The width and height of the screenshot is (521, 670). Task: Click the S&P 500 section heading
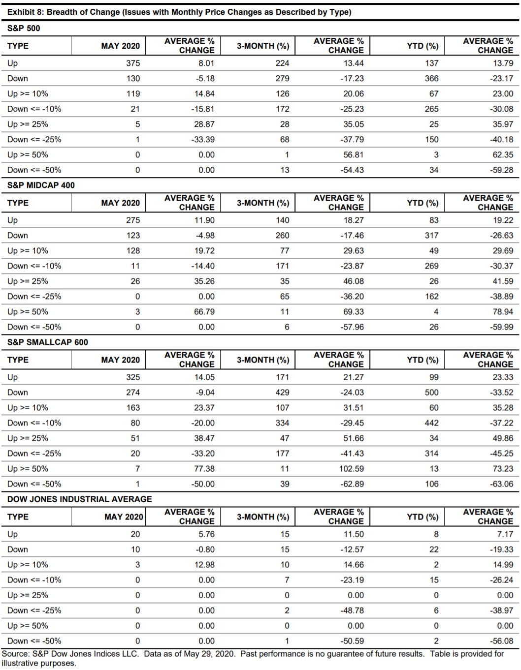(x=24, y=28)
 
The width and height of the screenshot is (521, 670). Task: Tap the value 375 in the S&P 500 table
(x=132, y=63)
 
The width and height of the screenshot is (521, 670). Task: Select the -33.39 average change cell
(x=203, y=139)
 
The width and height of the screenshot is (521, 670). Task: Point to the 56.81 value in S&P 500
(x=353, y=154)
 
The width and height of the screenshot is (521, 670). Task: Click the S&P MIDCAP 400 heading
(x=41, y=185)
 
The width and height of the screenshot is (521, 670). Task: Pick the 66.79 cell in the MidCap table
(x=204, y=311)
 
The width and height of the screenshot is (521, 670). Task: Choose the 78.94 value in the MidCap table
(x=502, y=311)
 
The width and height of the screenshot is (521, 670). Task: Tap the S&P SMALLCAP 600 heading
(x=47, y=342)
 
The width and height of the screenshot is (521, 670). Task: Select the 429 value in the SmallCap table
(x=282, y=392)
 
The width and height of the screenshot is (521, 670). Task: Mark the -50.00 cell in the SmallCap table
(x=203, y=484)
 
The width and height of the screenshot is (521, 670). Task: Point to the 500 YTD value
(x=431, y=392)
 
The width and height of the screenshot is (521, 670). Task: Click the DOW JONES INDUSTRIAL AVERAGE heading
(x=79, y=499)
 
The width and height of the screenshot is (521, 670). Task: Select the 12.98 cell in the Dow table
(x=204, y=564)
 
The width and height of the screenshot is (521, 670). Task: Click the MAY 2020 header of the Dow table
(x=124, y=517)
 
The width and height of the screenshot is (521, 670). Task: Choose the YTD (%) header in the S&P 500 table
(x=423, y=46)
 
